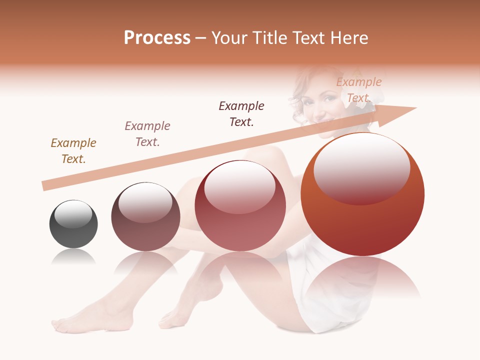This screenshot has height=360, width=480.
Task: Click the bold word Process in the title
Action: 157,38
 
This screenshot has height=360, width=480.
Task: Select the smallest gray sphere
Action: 73,224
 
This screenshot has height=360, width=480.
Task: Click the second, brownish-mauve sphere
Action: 145,217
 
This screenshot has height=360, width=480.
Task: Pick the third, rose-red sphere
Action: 240,206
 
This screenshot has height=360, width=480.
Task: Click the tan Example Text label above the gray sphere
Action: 73,151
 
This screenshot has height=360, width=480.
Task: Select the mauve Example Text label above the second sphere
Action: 147,134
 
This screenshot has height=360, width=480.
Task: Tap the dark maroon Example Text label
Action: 241,113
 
